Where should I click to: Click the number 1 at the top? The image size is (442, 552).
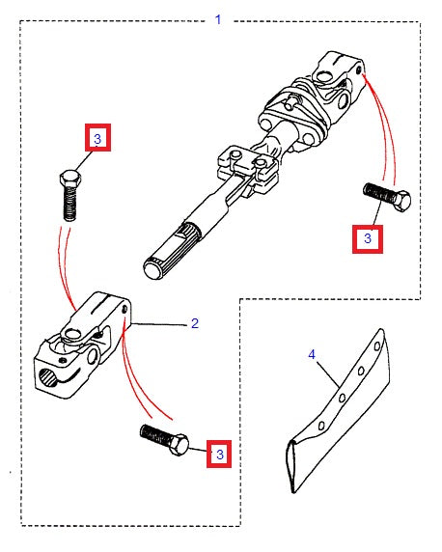(x=217, y=19)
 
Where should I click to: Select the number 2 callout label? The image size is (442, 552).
(x=194, y=323)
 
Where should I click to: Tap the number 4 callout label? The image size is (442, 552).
(x=312, y=355)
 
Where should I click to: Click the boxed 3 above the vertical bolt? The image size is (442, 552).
(x=97, y=139)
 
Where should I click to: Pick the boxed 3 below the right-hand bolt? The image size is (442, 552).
(x=368, y=237)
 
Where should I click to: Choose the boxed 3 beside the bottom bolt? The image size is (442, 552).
(x=219, y=453)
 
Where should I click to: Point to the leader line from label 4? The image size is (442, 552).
(x=325, y=375)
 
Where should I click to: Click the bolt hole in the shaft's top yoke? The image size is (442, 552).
(x=358, y=69)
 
